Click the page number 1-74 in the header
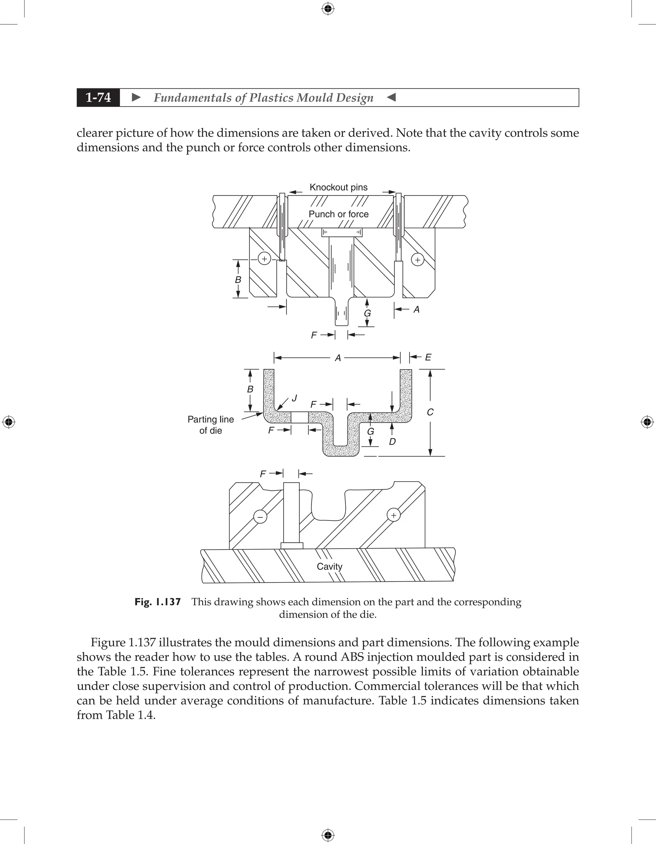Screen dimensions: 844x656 pos(98,97)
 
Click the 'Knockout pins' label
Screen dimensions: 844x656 pos(338,187)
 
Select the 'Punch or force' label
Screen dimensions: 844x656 pos(338,214)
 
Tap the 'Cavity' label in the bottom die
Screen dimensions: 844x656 pos(329,566)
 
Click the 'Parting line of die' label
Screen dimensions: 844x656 pos(211,425)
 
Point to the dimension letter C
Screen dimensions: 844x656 pos(430,412)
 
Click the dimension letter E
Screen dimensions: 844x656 pos(428,357)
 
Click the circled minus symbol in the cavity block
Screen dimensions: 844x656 pos(260,517)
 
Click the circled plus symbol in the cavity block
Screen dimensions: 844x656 pos(394,515)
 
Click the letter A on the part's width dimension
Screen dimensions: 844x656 pos(338,358)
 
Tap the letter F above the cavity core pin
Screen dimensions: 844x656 pos(263,474)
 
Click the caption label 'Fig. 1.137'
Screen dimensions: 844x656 pos(158,602)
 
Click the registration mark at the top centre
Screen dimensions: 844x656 pos(328,9)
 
